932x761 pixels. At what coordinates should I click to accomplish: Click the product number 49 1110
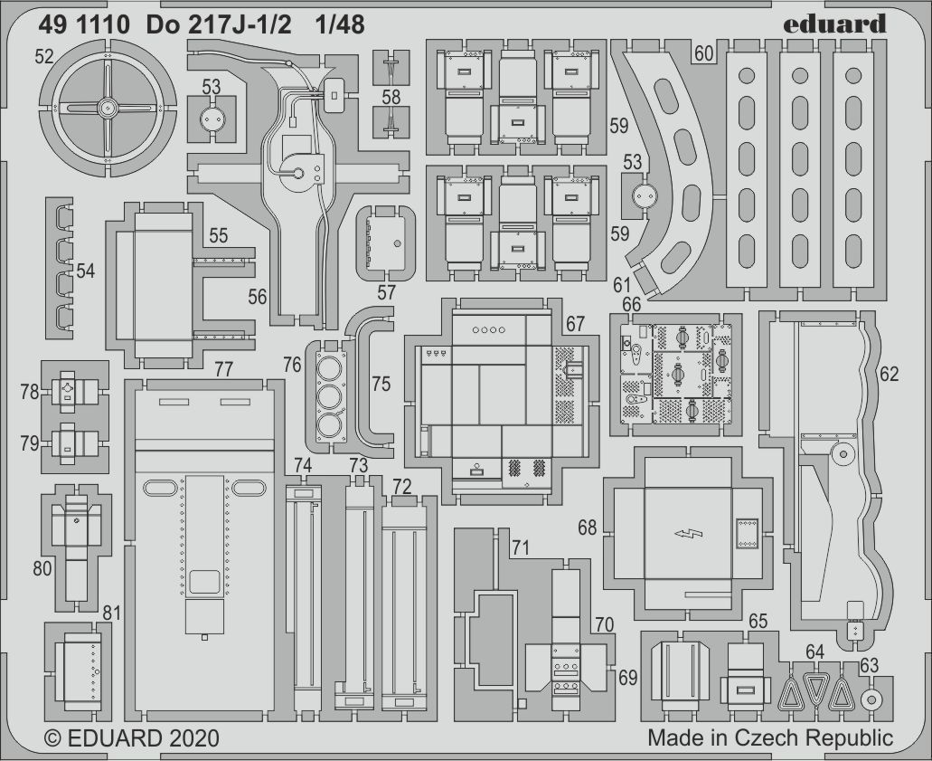point(84,25)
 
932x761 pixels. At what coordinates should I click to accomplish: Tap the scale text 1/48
point(340,25)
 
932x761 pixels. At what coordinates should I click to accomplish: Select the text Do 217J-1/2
point(218,25)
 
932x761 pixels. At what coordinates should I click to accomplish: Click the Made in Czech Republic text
point(770,737)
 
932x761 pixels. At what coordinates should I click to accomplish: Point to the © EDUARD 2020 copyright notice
point(132,738)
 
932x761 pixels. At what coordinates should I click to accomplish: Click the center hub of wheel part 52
point(107,108)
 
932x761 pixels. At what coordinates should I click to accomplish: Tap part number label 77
point(223,369)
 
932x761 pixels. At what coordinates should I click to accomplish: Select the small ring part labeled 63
point(871,699)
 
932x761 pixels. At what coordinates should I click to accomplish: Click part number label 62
point(890,374)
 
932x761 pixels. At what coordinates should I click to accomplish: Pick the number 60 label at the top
point(703,53)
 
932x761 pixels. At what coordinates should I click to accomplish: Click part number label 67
point(575,324)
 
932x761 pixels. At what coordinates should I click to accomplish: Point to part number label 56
point(257,296)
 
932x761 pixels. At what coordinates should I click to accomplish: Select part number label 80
point(42,569)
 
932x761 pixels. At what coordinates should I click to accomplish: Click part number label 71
point(521,547)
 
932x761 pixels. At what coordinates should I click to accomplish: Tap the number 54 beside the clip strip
point(85,271)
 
